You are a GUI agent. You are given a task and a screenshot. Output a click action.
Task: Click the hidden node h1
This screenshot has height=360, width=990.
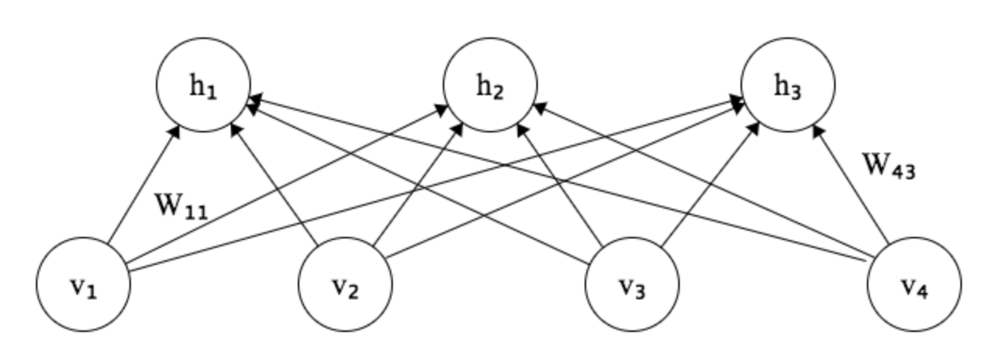click(203, 85)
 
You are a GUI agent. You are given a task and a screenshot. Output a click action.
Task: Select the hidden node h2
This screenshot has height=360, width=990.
click(490, 85)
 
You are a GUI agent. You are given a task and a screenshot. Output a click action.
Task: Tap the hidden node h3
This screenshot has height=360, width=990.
click(788, 85)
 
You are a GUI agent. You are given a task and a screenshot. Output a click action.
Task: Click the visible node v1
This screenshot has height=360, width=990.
click(83, 284)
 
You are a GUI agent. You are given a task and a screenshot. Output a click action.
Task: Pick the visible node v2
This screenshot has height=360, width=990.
click(345, 284)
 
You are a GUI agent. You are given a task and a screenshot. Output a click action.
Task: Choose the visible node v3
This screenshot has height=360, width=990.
click(632, 284)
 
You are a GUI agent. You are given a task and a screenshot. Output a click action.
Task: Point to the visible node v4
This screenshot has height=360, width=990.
click(914, 284)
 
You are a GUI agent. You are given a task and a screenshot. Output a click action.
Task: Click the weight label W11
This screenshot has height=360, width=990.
click(181, 206)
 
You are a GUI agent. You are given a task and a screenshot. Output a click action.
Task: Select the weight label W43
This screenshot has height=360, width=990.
click(889, 166)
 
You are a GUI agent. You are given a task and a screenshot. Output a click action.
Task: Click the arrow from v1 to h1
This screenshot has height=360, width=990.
click(143, 185)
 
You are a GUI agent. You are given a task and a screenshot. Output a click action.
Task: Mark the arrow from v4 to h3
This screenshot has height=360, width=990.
click(850, 185)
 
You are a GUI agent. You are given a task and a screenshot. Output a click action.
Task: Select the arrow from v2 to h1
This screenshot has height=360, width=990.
click(274, 185)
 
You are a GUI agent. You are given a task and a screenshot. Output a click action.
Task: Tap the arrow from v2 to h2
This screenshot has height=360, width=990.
click(418, 185)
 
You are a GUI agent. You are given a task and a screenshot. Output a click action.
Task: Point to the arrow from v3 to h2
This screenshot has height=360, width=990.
click(560, 185)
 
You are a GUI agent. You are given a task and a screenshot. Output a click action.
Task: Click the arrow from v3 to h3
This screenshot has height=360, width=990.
click(710, 185)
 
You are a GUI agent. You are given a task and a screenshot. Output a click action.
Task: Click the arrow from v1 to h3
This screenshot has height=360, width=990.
click(435, 185)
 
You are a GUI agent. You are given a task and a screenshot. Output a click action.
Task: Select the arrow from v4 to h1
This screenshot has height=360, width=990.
click(556, 178)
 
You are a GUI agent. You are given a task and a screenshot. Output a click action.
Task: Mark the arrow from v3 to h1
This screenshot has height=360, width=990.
click(417, 185)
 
